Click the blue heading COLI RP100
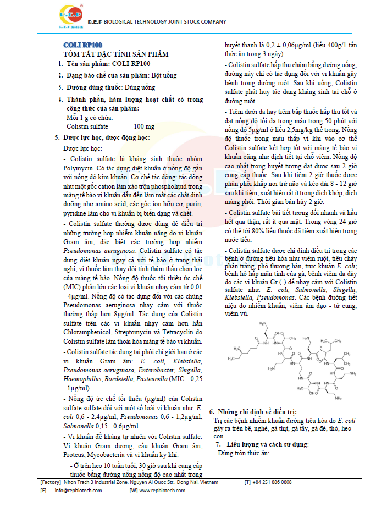[81, 45]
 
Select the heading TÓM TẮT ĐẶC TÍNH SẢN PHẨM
[116, 54]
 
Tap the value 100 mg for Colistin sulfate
[144, 126]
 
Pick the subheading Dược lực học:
[82, 148]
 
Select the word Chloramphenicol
[91, 332]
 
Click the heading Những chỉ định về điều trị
[256, 411]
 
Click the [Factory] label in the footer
[50, 482]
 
